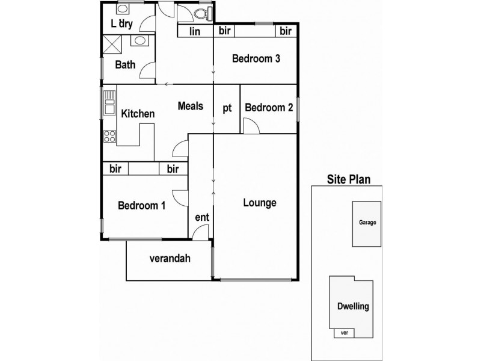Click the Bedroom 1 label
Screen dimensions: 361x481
tap(141, 206)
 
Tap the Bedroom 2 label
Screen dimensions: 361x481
tap(269, 108)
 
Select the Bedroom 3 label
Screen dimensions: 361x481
tap(256, 59)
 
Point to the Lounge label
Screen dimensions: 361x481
tap(260, 203)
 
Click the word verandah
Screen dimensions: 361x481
tap(170, 259)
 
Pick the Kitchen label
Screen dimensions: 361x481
tap(138, 114)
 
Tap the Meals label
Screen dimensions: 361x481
tap(191, 106)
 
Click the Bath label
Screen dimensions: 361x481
tap(125, 65)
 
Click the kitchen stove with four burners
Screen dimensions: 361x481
tap(109, 137)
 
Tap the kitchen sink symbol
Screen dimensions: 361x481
tap(109, 103)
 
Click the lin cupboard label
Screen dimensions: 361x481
tap(195, 31)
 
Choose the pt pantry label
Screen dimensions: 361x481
tap(227, 108)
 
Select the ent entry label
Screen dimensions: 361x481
tap(201, 217)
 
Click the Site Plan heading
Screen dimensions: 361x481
tap(348, 179)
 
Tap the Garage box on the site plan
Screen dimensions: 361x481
tap(367, 223)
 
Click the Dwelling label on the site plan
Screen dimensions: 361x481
tap(352, 307)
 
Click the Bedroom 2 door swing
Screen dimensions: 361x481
tap(251, 126)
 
